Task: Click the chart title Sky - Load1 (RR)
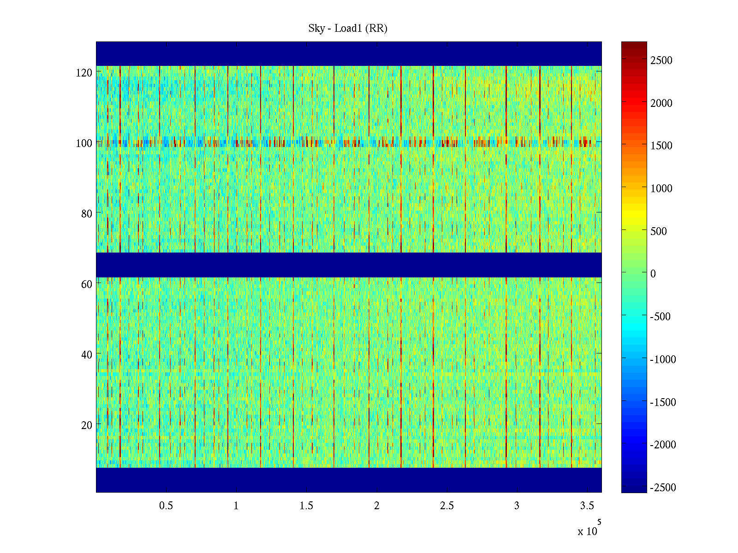tap(348, 29)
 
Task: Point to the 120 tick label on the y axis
tap(84, 73)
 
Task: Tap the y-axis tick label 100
tap(84, 143)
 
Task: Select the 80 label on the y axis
tap(87, 214)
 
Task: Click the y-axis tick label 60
tap(87, 284)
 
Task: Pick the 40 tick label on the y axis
tap(87, 355)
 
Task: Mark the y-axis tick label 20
tap(87, 425)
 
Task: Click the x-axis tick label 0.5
tap(166, 506)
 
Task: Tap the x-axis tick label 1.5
tap(306, 506)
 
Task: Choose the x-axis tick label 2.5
tap(446, 506)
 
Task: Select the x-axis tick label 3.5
tap(587, 506)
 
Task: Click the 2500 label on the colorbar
tap(661, 60)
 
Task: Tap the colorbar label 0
tap(653, 274)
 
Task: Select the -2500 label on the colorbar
tap(663, 488)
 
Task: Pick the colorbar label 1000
tap(661, 188)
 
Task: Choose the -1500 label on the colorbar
tap(663, 402)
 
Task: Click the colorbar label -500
tap(660, 317)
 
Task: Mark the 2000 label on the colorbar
tap(661, 103)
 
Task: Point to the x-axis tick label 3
tap(517, 506)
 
